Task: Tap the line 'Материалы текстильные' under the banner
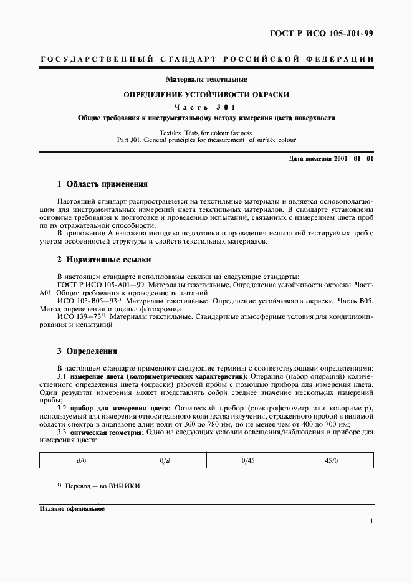click(x=206, y=80)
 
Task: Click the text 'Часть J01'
click(x=206, y=107)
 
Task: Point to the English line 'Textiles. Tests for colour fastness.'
click(x=206, y=133)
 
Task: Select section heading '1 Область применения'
click(x=102, y=184)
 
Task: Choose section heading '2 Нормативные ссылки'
click(x=103, y=259)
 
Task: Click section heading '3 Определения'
click(x=87, y=351)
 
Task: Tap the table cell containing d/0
click(x=81, y=460)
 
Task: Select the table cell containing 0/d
click(x=165, y=460)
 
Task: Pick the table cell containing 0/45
click(x=248, y=460)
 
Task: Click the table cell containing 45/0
click(x=332, y=460)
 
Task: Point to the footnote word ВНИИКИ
click(x=125, y=486)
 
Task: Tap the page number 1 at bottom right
click(x=371, y=522)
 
